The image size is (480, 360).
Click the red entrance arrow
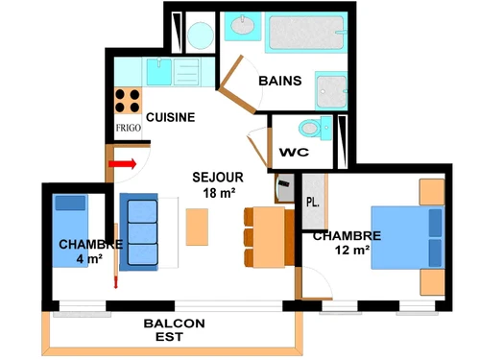[x=123, y=164]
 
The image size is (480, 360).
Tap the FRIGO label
[x=129, y=127]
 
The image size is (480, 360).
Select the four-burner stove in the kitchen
[x=129, y=101]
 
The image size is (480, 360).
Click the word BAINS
[x=281, y=81]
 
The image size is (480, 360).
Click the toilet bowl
[x=312, y=128]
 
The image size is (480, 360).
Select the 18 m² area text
[x=217, y=193]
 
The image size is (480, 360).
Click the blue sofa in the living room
[x=139, y=230]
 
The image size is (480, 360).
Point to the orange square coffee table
[x=198, y=228]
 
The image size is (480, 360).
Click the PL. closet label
[x=313, y=202]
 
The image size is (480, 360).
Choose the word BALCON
[x=174, y=324]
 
